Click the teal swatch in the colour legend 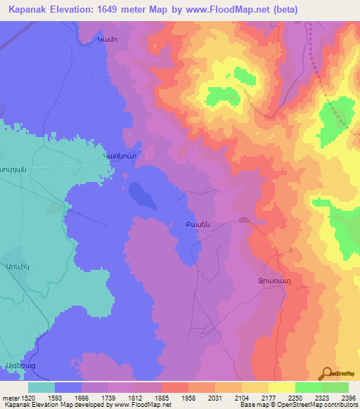pos(41,387)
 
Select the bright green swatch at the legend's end pos(335,387)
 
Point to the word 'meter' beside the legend pos(10,398)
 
